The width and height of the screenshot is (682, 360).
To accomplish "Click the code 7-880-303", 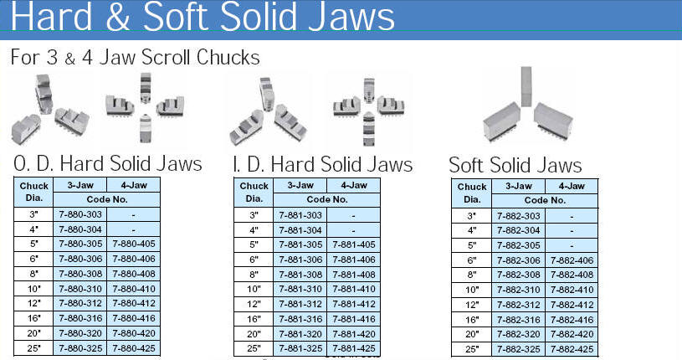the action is click(x=80, y=214).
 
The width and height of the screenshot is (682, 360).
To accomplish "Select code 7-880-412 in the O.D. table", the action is click(x=134, y=303).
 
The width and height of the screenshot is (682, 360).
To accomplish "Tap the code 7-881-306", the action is click(x=300, y=260).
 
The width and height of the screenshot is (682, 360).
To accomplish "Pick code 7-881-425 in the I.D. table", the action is click(x=354, y=348).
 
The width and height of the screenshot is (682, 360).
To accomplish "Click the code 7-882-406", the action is click(x=572, y=260).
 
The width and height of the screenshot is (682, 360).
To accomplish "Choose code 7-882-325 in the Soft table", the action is click(x=519, y=349).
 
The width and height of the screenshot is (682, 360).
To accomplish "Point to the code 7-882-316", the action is click(x=519, y=320).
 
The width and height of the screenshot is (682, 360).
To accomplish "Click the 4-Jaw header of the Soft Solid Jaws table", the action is click(x=572, y=187).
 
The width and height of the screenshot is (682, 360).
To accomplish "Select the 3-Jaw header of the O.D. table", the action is click(x=80, y=185).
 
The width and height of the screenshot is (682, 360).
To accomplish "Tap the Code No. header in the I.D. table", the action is click(x=327, y=199).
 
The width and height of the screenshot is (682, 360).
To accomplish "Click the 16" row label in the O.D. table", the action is click(x=34, y=318).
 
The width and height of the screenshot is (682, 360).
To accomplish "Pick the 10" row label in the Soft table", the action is click(x=472, y=290).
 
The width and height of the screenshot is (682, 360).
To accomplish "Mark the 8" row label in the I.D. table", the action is click(x=254, y=275).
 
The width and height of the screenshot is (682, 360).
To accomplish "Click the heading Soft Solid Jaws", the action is click(x=515, y=166).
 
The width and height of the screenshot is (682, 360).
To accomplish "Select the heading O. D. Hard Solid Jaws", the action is click(x=108, y=164).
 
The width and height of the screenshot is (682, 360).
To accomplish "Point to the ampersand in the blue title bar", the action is click(x=117, y=17).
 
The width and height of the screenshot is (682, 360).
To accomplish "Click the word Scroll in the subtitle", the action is click(x=167, y=57).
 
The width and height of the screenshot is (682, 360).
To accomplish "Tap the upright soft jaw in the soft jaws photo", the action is click(x=526, y=86).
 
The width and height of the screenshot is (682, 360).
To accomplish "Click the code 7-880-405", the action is click(x=134, y=244).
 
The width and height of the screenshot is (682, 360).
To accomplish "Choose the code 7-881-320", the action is click(x=300, y=334).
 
